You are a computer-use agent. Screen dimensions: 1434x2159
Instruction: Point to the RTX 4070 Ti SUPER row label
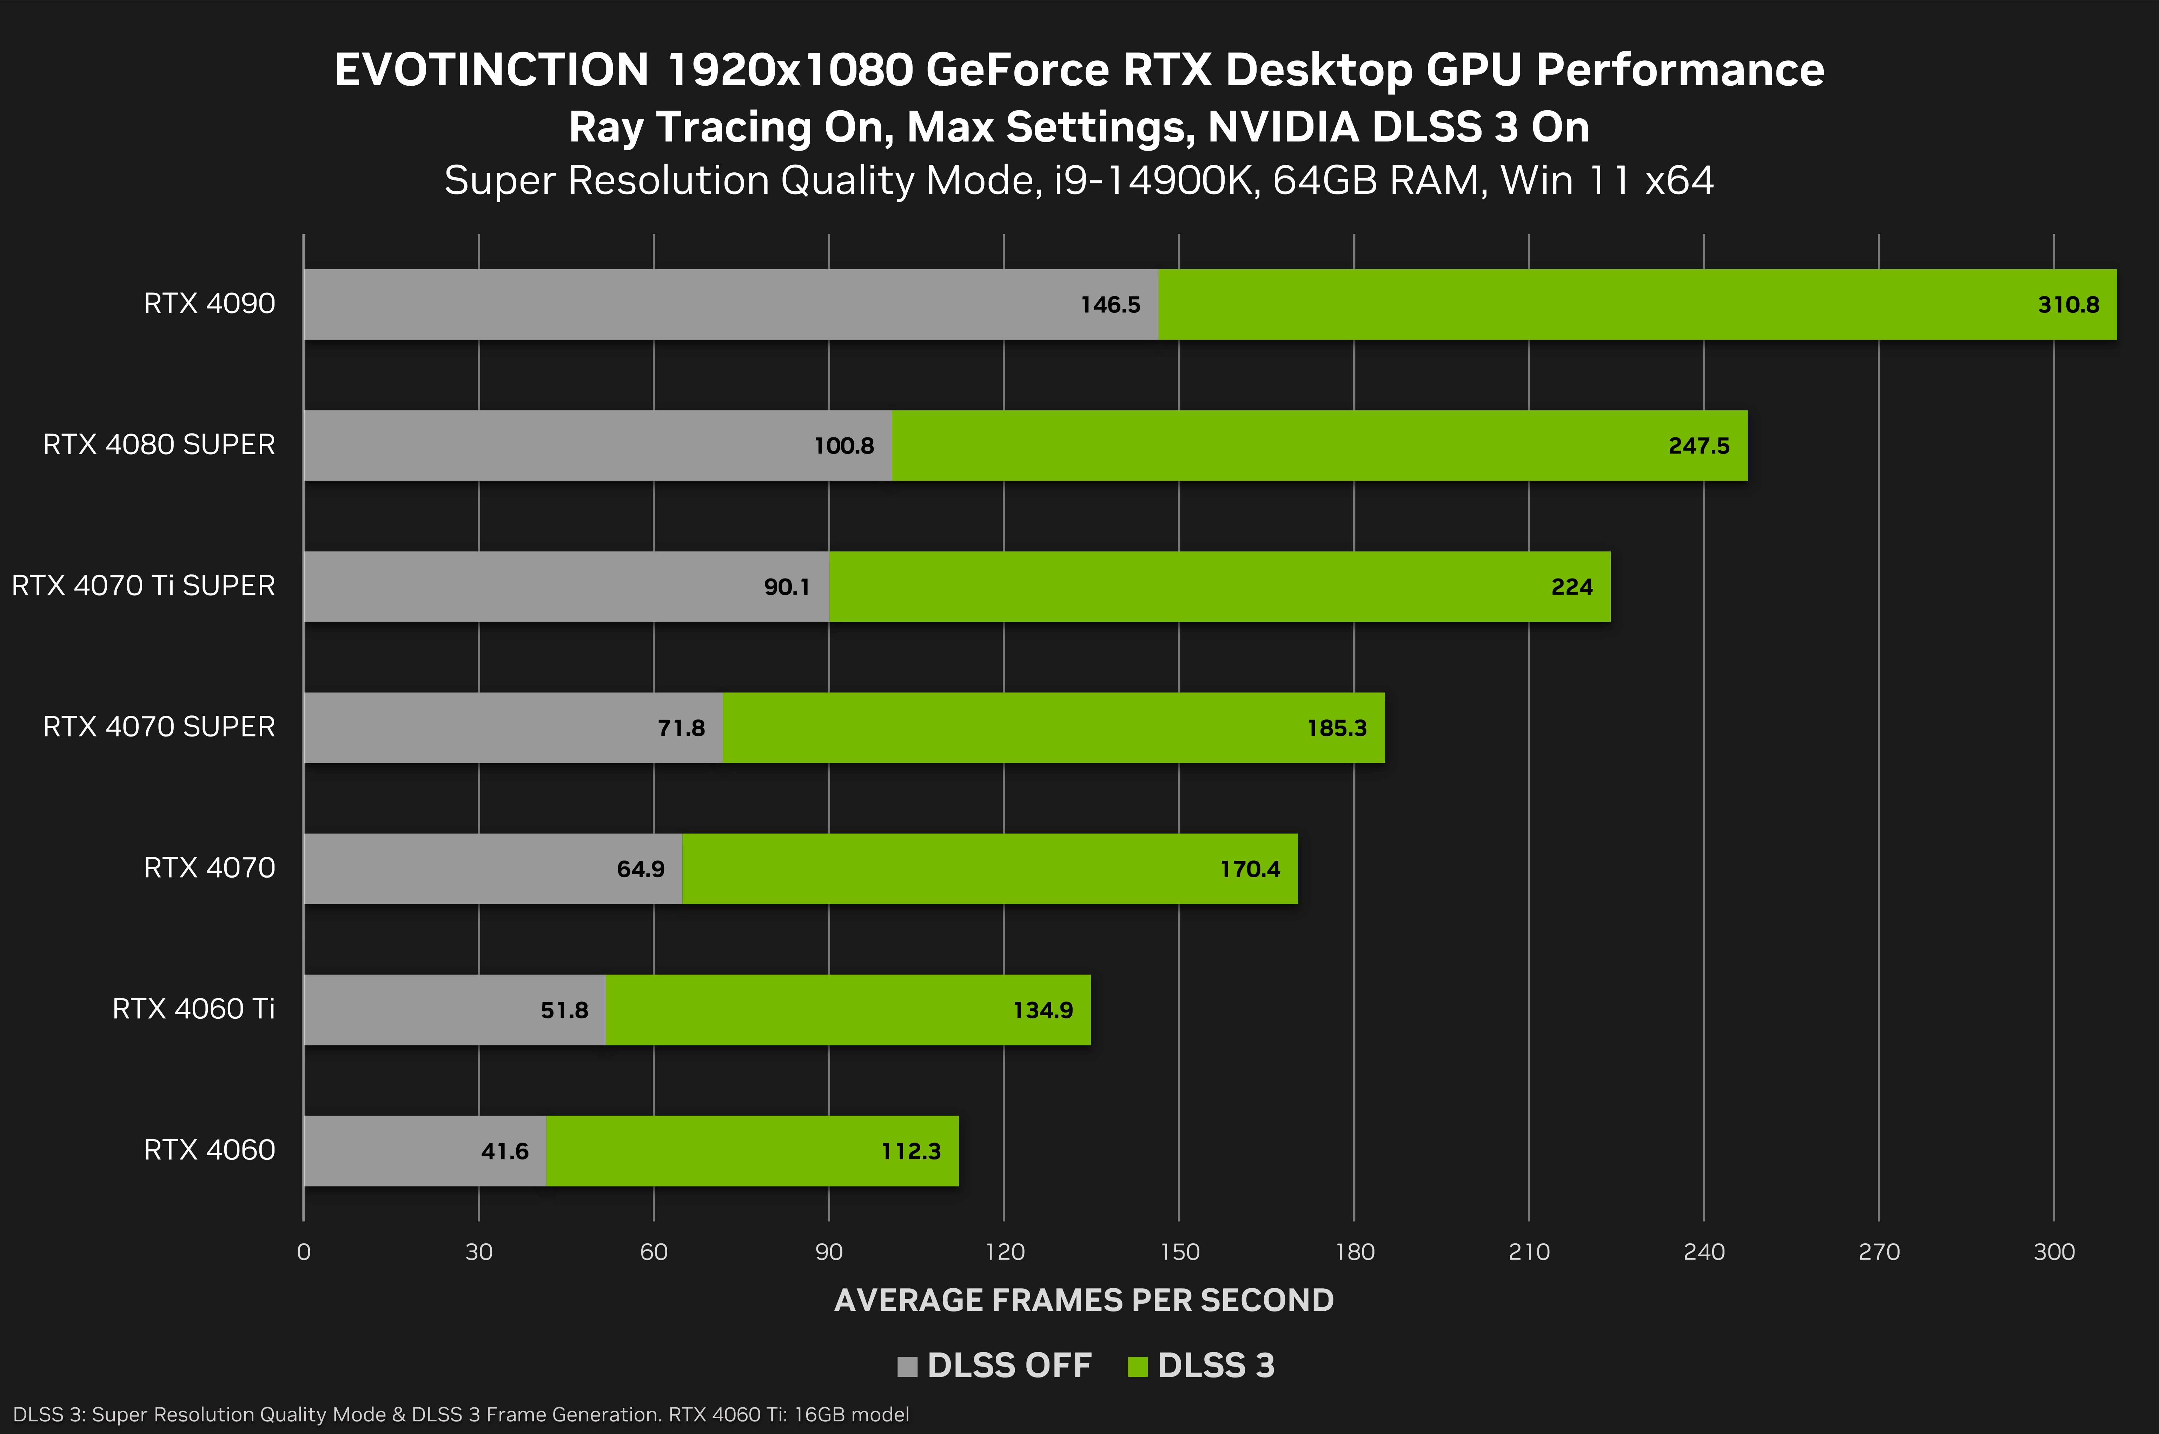tap(144, 585)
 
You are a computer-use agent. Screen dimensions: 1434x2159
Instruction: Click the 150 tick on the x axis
tap(1179, 1252)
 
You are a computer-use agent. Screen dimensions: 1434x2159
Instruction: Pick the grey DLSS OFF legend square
tap(907, 1366)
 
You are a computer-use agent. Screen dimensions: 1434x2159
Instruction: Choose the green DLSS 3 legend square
tap(1138, 1366)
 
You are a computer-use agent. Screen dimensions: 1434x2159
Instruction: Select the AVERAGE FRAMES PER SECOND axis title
tap(1084, 1301)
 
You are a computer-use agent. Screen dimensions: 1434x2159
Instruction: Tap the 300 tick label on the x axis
tap(2054, 1252)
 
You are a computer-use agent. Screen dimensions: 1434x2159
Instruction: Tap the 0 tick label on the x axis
tap(304, 1252)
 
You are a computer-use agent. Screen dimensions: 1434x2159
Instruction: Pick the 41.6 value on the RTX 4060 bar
tap(505, 1151)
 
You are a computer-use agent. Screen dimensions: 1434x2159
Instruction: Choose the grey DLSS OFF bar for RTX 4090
tap(686, 305)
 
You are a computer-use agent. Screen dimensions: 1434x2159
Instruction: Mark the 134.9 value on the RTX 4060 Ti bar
tap(1042, 1011)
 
